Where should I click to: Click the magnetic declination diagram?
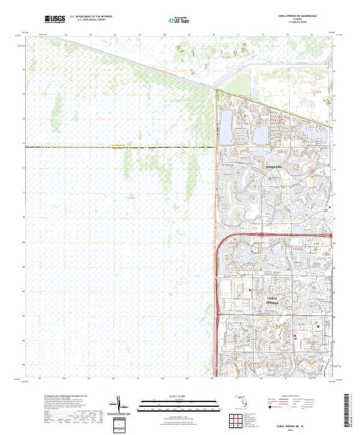(x=118, y=406)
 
